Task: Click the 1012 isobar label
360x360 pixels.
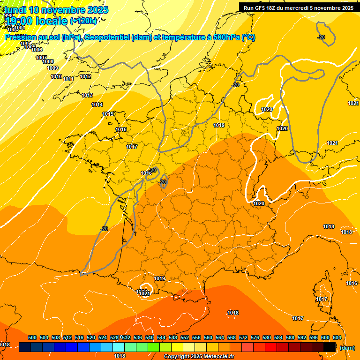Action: coord(85,76)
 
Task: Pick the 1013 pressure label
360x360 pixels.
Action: coord(87,95)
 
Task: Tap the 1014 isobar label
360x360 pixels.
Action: coord(97,105)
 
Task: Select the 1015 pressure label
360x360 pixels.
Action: coord(108,114)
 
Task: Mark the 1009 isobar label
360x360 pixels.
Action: coord(52,68)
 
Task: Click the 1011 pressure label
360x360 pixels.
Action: coord(68,79)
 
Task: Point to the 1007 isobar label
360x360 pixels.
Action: coord(41,58)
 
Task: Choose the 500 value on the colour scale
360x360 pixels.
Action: coord(32,337)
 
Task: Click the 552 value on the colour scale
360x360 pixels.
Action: coord(185,337)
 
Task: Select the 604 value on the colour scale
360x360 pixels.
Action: coord(337,337)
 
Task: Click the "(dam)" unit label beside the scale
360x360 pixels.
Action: coord(347,347)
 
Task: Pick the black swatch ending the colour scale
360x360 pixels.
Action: coord(330,347)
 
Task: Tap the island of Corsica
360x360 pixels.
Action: coord(322,293)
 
